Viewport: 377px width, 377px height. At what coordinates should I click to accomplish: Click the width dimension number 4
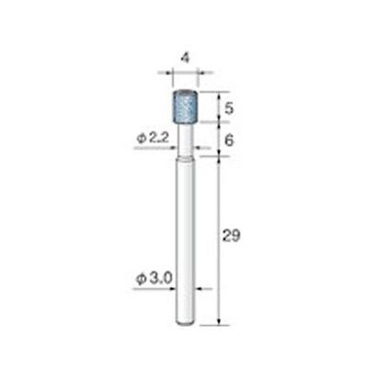184,57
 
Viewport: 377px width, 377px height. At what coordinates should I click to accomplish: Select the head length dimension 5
229,109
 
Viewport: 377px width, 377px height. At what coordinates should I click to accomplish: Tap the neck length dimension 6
229,141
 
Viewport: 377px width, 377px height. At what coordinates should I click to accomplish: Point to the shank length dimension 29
231,235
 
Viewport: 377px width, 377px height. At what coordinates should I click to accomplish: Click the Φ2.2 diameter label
153,139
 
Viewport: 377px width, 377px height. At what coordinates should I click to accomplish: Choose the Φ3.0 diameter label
154,279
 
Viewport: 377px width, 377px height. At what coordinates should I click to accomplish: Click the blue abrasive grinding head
185,107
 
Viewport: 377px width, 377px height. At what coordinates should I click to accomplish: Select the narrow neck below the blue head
185,141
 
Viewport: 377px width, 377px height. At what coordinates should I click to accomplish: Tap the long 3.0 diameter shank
185,241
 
